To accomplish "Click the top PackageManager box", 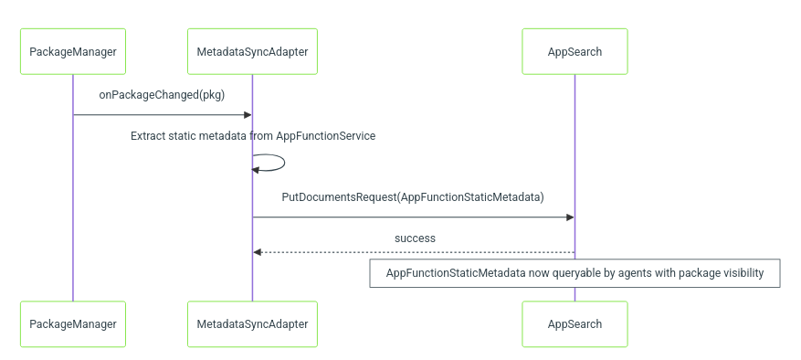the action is pyautogui.click(x=73, y=52).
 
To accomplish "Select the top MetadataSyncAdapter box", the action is pyautogui.click(x=252, y=52).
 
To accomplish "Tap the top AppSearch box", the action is pyautogui.click(x=574, y=52).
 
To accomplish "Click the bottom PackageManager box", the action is pyautogui.click(x=73, y=324).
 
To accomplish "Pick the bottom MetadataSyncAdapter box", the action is pyautogui.click(x=252, y=324).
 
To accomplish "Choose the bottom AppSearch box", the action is pyautogui.click(x=574, y=324).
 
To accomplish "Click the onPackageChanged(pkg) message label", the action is pyautogui.click(x=162, y=95).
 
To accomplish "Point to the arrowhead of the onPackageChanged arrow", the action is pyautogui.click(x=248, y=114).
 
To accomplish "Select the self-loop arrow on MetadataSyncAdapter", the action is pyautogui.click(x=284, y=163).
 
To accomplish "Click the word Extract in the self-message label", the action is pyautogui.click(x=148, y=136).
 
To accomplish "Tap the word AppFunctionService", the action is pyautogui.click(x=326, y=136).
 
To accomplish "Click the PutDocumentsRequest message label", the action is pyautogui.click(x=413, y=197).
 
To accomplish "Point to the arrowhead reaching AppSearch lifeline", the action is pyautogui.click(x=570, y=217).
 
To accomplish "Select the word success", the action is pyautogui.click(x=415, y=238).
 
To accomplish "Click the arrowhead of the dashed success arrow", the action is pyautogui.click(x=257, y=252).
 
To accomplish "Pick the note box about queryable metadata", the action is pyautogui.click(x=574, y=273).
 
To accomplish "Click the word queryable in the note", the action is pyautogui.click(x=575, y=273).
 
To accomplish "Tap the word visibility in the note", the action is pyautogui.click(x=743, y=273).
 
